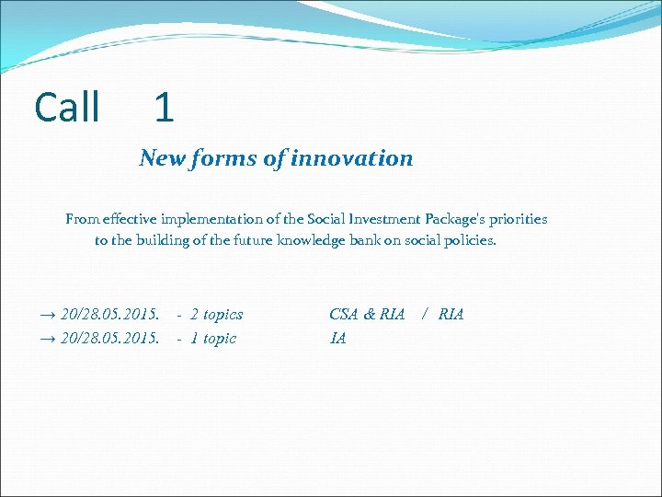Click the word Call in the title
[x=67, y=108]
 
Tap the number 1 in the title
[x=164, y=109]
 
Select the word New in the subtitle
[x=162, y=158]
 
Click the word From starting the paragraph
[x=82, y=219]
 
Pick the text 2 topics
[x=216, y=315]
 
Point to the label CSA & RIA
[x=367, y=315]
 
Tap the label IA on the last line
[x=337, y=339]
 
